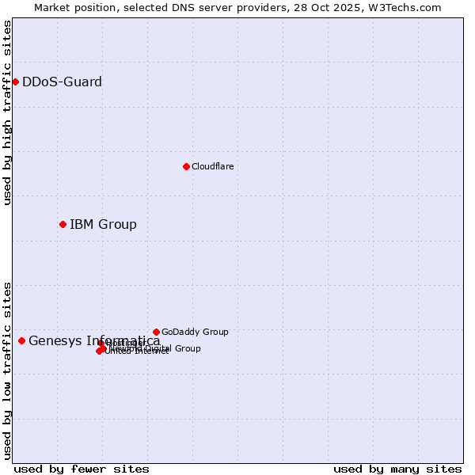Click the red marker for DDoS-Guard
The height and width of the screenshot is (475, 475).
click(15, 82)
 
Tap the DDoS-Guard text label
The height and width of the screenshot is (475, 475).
click(62, 82)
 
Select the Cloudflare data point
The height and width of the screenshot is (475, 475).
click(186, 166)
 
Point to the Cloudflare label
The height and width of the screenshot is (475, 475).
click(212, 166)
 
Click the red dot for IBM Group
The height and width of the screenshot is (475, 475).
click(63, 224)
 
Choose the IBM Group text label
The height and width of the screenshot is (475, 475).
click(103, 224)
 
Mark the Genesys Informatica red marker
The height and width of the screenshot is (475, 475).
click(21, 340)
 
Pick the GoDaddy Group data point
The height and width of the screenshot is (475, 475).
click(156, 332)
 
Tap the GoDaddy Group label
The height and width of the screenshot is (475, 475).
click(195, 332)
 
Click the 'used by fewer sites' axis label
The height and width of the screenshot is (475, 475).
click(82, 469)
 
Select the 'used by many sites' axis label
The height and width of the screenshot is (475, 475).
click(397, 469)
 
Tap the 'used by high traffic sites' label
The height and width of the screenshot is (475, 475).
click(8, 112)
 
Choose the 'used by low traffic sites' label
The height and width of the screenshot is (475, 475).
click(8, 370)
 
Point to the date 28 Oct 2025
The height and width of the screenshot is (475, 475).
click(347, 7)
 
